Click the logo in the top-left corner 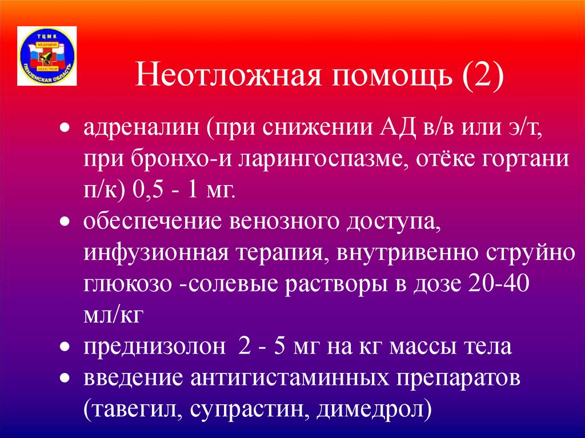pos(47,55)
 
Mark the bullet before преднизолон pos(66,348)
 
